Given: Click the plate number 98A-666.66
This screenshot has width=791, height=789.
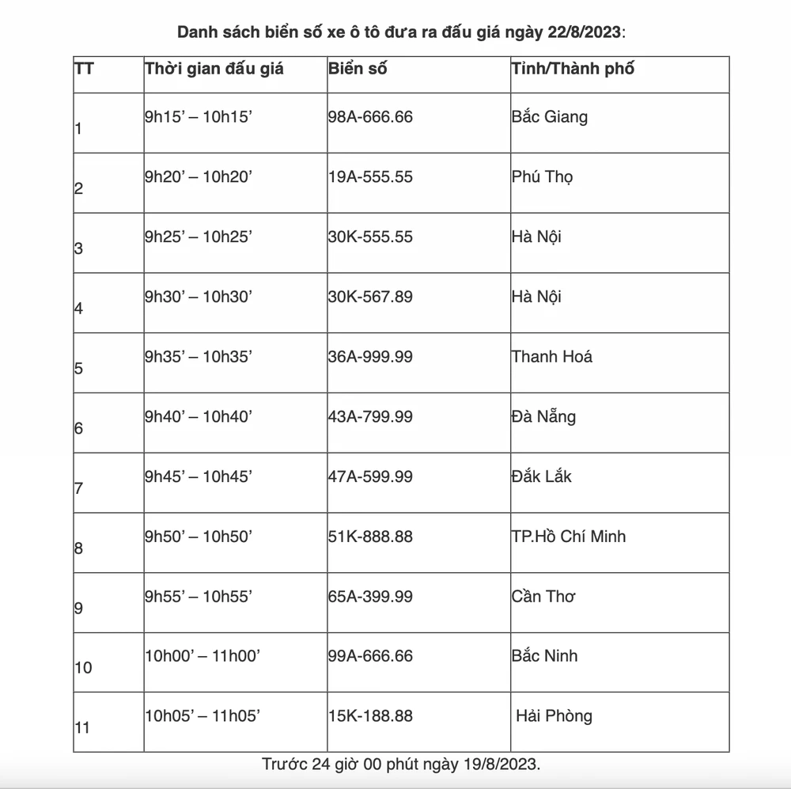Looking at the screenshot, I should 370,117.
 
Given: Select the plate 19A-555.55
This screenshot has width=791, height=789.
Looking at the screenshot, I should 370,177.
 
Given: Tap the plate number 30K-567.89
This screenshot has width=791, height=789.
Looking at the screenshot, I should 370,297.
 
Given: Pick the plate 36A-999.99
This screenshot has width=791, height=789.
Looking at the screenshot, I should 370,357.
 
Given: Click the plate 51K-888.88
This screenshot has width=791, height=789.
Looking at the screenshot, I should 370,537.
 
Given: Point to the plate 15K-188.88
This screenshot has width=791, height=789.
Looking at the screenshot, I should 370,716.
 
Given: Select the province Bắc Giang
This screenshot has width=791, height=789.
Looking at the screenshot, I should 550,117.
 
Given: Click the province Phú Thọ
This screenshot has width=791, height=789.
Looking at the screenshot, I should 543,177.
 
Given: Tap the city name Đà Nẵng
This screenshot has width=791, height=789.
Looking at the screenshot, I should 543,416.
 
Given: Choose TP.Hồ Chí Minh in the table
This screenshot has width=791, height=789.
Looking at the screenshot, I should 569,537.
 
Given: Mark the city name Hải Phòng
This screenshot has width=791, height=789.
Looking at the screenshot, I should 554,716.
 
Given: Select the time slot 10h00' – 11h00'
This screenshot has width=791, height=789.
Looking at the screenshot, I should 202,656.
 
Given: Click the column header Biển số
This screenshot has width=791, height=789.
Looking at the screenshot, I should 358,69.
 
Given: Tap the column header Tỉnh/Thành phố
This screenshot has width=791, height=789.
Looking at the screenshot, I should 573,69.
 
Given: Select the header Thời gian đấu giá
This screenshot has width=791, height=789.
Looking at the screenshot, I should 214,69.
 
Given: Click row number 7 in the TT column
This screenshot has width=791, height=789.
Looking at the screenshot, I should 78,488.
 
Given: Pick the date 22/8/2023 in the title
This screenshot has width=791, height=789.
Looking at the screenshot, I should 583,32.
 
